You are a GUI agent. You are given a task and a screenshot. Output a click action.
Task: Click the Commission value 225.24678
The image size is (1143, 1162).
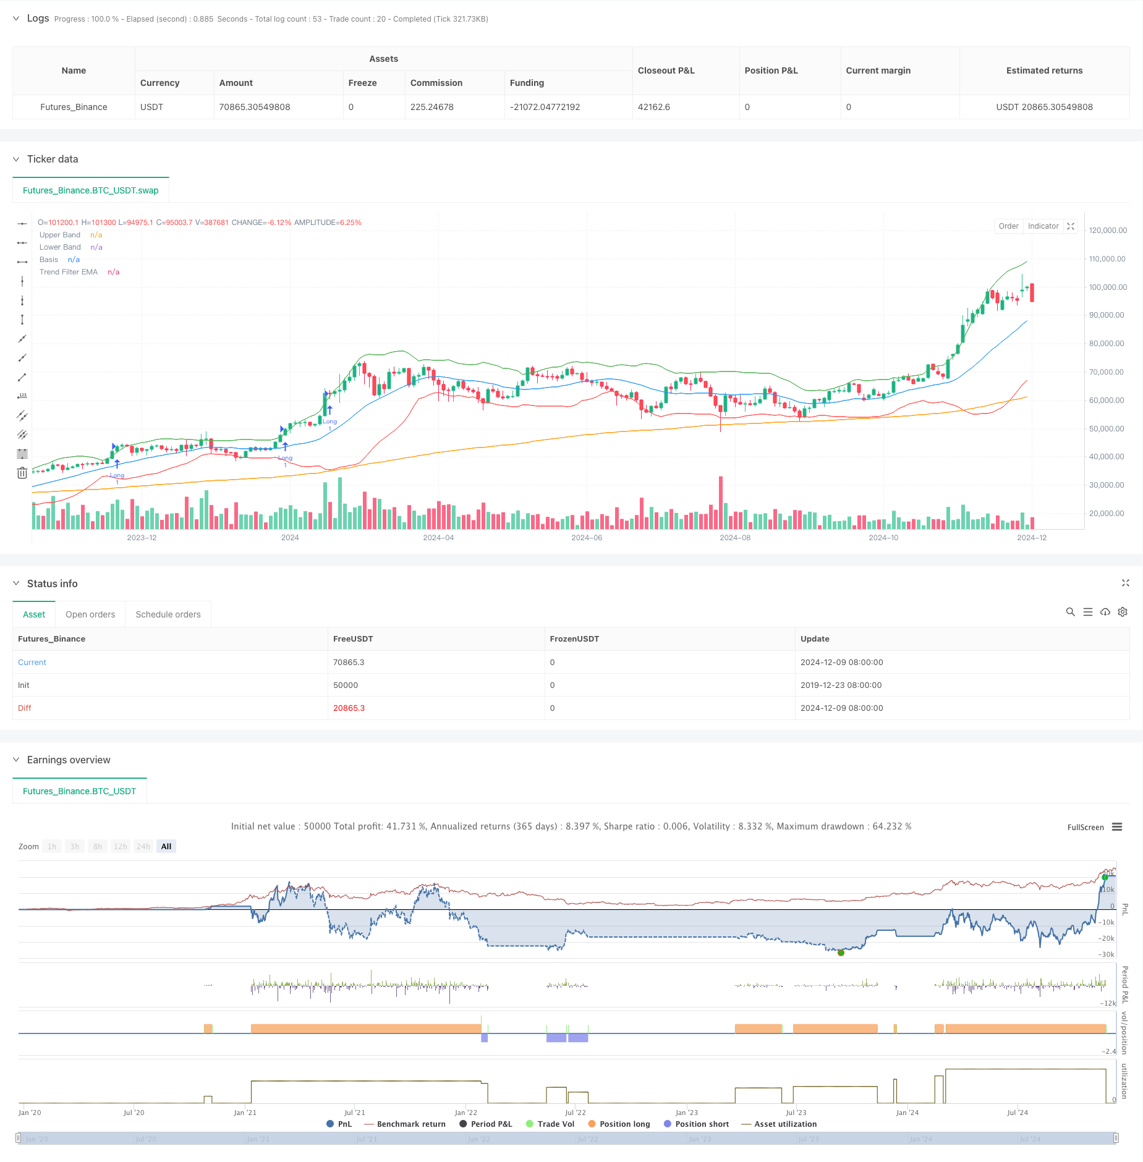(x=431, y=107)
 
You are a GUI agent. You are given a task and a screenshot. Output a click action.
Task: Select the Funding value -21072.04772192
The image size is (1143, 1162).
(x=545, y=107)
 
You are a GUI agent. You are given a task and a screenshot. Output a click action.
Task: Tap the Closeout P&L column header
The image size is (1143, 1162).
(x=666, y=70)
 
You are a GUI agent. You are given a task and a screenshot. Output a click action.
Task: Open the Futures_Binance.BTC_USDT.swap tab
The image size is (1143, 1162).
(x=91, y=190)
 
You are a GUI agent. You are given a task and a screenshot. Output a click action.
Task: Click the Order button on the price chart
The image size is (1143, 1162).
(x=1008, y=226)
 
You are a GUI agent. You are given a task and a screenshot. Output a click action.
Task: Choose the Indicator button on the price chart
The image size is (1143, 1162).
(x=1043, y=226)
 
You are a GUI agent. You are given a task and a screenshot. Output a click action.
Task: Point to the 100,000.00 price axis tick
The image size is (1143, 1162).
(x=1107, y=287)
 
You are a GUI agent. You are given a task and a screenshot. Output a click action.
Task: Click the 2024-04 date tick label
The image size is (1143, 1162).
(x=438, y=538)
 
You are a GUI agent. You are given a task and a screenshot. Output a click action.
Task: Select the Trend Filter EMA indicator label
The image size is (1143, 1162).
(x=69, y=272)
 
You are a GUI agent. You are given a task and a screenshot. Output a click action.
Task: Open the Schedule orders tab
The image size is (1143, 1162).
(x=168, y=614)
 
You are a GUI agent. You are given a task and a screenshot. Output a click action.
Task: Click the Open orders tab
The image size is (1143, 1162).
(x=90, y=614)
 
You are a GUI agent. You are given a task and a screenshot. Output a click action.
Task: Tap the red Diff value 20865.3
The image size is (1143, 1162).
(x=349, y=708)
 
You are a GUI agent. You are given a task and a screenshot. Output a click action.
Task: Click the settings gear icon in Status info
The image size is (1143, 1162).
(x=1123, y=612)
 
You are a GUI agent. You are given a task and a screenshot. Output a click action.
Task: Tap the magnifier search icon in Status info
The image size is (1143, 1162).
(x=1070, y=612)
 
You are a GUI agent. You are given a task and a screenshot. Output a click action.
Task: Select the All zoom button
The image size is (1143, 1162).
(x=166, y=847)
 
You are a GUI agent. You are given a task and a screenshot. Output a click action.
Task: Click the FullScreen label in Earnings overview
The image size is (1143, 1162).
(x=1085, y=828)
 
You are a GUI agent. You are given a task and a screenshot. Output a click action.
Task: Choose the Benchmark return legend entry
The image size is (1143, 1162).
(x=411, y=1124)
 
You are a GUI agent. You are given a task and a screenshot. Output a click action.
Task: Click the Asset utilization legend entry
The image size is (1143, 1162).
(x=785, y=1124)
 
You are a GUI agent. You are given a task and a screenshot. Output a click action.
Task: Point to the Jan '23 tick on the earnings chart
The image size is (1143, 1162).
(x=686, y=1113)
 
